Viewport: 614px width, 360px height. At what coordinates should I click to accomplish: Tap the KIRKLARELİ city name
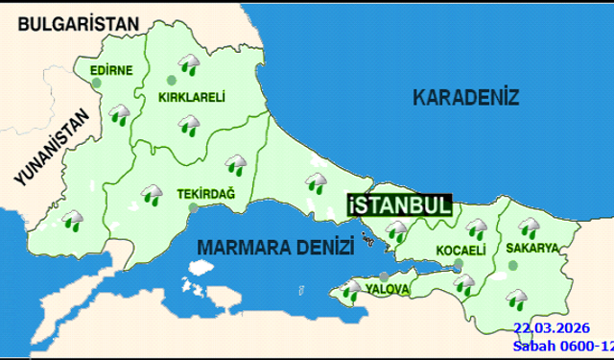pyautogui.click(x=191, y=97)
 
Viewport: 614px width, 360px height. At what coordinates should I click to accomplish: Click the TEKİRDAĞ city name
pyautogui.click(x=206, y=192)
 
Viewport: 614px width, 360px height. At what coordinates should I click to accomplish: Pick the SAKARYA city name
pyautogui.click(x=534, y=248)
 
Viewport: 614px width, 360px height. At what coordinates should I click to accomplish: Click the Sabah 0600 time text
pyautogui.click(x=556, y=345)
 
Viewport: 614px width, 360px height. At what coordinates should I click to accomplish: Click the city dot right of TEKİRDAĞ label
pyautogui.click(x=193, y=205)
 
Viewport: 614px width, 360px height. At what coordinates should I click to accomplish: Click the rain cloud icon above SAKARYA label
pyautogui.click(x=528, y=228)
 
